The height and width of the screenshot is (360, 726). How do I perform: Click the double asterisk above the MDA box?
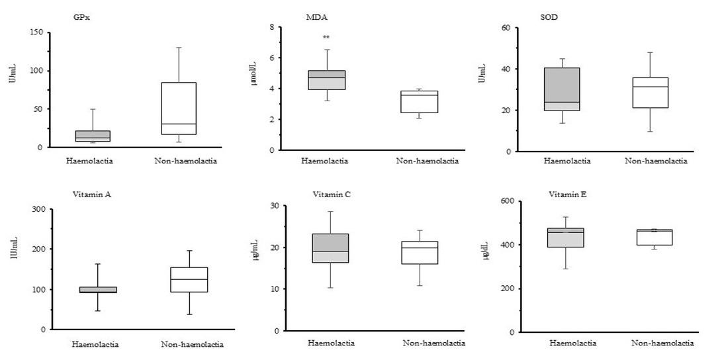(326, 38)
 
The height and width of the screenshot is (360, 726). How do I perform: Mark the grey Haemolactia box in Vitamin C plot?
(331, 248)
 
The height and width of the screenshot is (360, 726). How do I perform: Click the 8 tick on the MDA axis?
(271, 27)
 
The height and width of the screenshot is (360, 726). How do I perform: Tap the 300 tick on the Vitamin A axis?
(38, 210)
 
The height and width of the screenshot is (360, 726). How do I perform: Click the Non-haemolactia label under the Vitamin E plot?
(663, 343)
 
